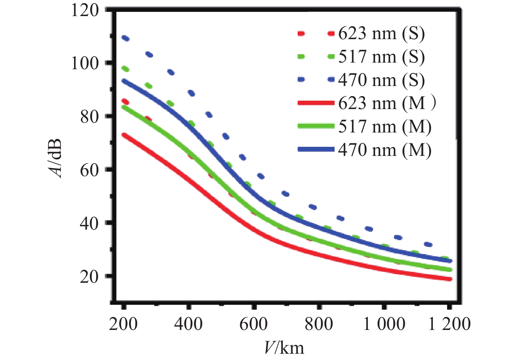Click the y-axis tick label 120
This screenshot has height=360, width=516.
tap(85, 10)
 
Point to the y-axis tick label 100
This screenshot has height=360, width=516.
tap(85, 64)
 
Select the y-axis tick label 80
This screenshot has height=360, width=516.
tap(89, 117)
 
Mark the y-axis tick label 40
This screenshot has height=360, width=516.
tap(89, 223)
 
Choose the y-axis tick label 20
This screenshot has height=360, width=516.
tap(89, 277)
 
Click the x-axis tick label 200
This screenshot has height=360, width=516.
tap(123, 324)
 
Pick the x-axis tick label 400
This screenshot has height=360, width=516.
tap(188, 324)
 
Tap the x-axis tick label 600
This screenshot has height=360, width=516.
tap(253, 324)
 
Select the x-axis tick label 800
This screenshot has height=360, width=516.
tap(319, 324)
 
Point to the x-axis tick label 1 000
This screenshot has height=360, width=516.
tap(384, 324)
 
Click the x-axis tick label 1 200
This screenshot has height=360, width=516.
tap(449, 324)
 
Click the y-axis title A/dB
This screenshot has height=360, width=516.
tap(55, 159)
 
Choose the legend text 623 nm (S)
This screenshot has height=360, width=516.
tap(381, 34)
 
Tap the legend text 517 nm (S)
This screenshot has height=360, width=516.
tap(381, 57)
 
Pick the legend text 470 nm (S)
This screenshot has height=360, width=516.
tap(381, 80)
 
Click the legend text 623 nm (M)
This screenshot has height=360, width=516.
tap(387, 103)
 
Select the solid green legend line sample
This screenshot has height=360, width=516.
tap(316, 126)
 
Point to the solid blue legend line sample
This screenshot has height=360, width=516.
tap(316, 150)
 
